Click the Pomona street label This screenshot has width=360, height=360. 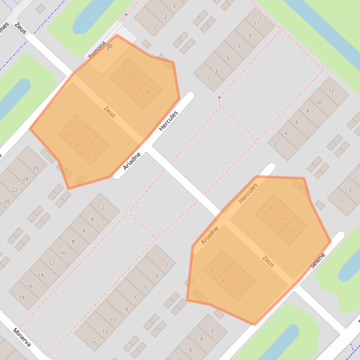(97, 50)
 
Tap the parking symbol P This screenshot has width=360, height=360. (110, 47)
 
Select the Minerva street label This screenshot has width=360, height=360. (22, 338)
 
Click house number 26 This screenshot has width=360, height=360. (36, 168)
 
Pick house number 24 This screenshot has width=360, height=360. (25, 179)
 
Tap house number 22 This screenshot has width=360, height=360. (15, 190)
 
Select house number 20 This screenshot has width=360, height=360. (6, 202)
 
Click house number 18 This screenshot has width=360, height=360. (22, 297)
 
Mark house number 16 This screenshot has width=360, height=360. (30, 286)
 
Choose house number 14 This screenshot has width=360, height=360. (41, 275)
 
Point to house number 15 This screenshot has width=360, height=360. (94, 343)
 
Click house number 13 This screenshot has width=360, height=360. (105, 332)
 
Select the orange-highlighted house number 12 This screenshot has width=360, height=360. (123, 70)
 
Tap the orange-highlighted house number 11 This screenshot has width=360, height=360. (66, 134)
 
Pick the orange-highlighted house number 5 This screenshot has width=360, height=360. (212, 270)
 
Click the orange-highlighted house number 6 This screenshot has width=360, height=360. (271, 209)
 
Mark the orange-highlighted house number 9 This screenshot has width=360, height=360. (77, 145)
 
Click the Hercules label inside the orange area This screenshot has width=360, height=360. (248, 193)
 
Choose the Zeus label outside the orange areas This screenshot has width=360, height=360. (21, 28)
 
